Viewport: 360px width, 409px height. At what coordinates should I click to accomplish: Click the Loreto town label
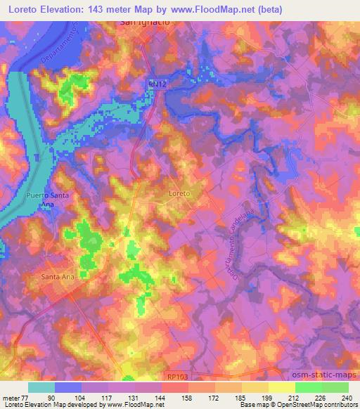click(181, 192)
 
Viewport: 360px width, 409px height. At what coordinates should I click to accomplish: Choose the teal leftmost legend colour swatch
click(41, 387)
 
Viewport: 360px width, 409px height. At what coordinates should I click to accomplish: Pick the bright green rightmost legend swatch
click(335, 387)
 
